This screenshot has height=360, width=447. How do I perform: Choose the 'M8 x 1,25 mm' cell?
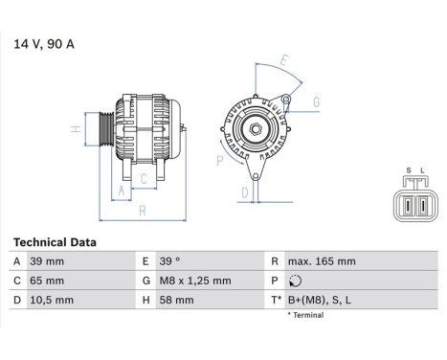point(197,281)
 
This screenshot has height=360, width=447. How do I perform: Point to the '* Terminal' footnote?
point(307,314)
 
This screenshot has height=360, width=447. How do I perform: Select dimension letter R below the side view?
point(142,211)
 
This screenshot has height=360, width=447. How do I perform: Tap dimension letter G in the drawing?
point(316,101)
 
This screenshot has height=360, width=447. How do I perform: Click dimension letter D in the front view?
point(245,192)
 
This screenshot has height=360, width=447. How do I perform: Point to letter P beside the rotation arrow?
point(219,161)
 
